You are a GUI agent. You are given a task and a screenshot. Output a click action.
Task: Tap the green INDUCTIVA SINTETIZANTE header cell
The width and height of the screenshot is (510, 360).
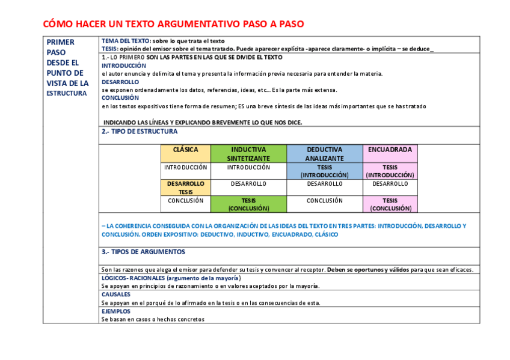pyautogui.click(x=248, y=154)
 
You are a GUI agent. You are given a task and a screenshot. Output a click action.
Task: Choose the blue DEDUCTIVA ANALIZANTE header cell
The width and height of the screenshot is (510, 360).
pyautogui.click(x=324, y=154)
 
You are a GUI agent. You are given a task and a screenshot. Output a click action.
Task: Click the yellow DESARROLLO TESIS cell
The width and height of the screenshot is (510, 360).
pyautogui.click(x=185, y=188)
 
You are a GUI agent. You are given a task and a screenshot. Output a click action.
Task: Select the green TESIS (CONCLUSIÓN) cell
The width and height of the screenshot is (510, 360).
pyautogui.click(x=248, y=204)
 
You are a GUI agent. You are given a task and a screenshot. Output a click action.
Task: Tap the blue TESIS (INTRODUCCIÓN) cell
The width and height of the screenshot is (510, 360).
pyautogui.click(x=324, y=171)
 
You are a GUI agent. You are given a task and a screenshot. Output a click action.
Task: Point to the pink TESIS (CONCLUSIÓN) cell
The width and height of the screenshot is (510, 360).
pyautogui.click(x=390, y=204)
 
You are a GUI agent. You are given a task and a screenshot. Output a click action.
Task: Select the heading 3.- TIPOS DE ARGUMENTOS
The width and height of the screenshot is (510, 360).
pyautogui.click(x=143, y=252)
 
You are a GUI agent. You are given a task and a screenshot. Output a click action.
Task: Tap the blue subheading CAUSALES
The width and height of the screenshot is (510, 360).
pyautogui.click(x=116, y=294)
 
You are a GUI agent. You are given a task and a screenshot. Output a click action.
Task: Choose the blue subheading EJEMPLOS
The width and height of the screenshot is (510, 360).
pyautogui.click(x=116, y=311)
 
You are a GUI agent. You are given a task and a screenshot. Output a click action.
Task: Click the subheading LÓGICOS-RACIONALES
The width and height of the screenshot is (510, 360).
pyautogui.click(x=133, y=278)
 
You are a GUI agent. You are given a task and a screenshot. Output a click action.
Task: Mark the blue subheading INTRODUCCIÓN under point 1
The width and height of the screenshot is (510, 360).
pyautogui.click(x=124, y=66)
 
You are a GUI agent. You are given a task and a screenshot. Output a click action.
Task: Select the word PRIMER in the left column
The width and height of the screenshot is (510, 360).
pyautogui.click(x=60, y=42)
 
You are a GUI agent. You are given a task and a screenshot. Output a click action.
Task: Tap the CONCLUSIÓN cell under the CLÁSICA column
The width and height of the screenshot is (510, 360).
pyautogui.click(x=185, y=201)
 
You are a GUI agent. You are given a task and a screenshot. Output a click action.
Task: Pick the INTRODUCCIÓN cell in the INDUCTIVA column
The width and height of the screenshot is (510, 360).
pyautogui.click(x=248, y=168)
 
